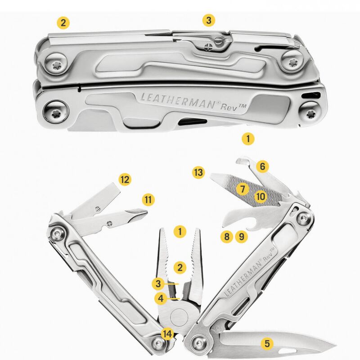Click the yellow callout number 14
167,333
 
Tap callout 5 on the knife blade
267,343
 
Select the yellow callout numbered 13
198,172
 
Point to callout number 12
125,179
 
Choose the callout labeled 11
148,199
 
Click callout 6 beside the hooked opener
262,166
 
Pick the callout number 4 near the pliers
161,298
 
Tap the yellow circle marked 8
227,237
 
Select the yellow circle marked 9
241,237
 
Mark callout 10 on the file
261,197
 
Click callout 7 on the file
243,189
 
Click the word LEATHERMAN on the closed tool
178,100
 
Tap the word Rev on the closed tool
229,108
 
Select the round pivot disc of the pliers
179,317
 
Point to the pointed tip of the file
211,175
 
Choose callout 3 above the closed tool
208,20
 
